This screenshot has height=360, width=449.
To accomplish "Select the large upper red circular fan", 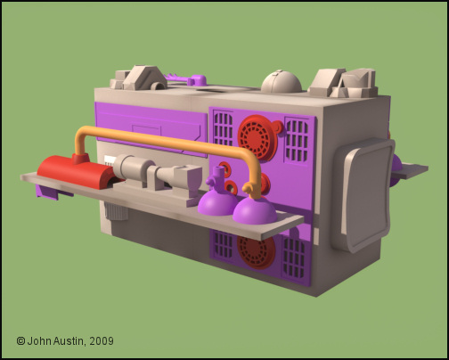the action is tap(258, 137).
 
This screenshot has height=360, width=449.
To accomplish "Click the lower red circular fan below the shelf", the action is tap(256, 251).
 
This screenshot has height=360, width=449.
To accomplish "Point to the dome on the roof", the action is tap(282, 81).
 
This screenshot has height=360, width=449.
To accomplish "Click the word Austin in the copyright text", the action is tap(68, 341).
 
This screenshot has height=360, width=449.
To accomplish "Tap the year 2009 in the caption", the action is tap(102, 341).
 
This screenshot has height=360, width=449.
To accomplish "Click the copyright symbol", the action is tap(20, 341).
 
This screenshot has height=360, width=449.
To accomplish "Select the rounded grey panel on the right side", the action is tap(363, 194).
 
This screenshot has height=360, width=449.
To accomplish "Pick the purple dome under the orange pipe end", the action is tap(255, 210).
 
